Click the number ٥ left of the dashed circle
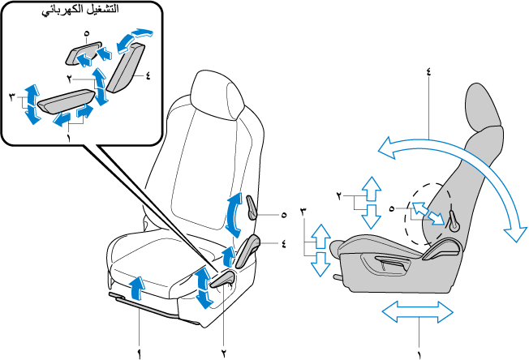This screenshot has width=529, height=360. [x=392, y=208]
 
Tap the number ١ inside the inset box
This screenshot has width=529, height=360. [x=70, y=138]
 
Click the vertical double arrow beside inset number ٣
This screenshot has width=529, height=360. [x=31, y=104]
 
